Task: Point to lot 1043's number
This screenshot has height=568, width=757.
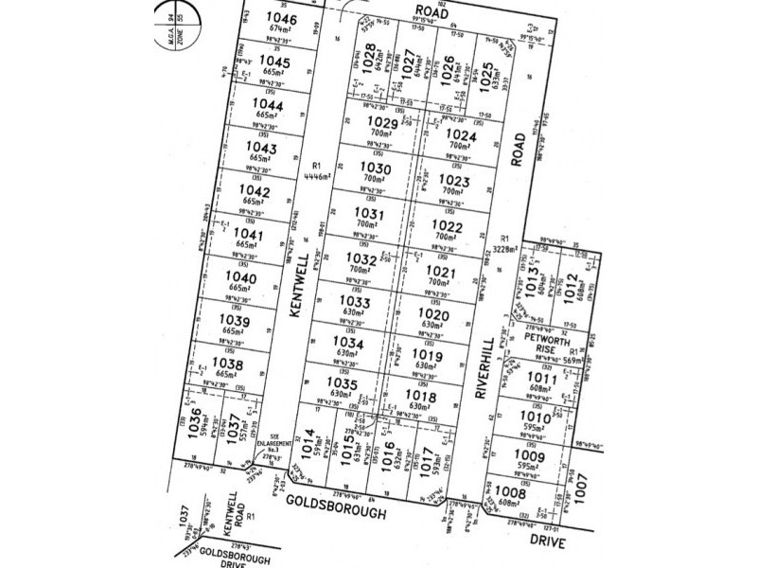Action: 260,148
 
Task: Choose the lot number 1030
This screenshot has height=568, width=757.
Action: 366,168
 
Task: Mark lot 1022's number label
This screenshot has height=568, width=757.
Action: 450,227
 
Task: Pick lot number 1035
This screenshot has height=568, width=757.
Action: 343,384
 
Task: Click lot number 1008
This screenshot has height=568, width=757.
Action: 537,491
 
